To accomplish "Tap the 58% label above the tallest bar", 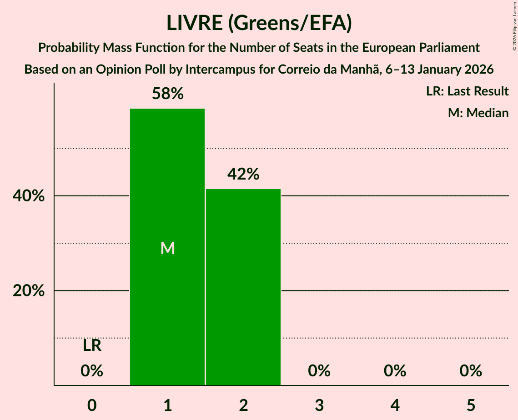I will [x=168, y=94].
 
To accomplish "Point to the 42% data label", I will [x=244, y=174].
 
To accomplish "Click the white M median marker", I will [x=168, y=248].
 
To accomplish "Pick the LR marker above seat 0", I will [x=92, y=346].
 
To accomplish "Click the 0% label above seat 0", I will [x=92, y=371].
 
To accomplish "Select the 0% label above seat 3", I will [x=319, y=371].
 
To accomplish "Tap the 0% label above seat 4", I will [x=395, y=371].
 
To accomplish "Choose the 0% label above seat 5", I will [x=471, y=371].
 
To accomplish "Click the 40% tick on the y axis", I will [x=29, y=196].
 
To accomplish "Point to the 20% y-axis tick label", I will [x=29, y=291].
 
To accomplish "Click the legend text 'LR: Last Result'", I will [x=467, y=91].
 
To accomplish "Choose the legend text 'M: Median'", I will [x=478, y=113].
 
